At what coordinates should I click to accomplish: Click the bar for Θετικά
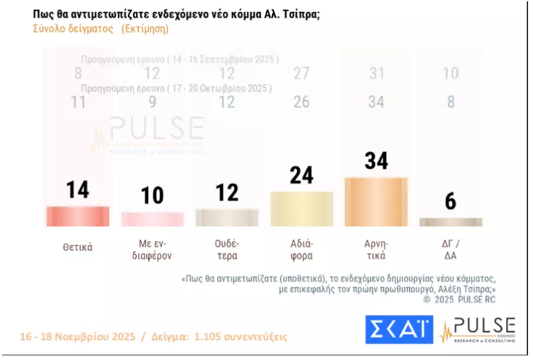(x=77, y=216)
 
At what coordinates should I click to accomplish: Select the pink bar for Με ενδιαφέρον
(x=152, y=220)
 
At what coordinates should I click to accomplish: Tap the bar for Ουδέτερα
(x=227, y=218)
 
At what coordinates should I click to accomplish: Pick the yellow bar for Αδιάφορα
(x=302, y=209)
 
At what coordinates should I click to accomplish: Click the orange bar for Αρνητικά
(x=376, y=202)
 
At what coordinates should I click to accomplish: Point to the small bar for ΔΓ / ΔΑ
(x=451, y=222)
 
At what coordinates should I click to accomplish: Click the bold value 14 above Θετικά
(x=77, y=190)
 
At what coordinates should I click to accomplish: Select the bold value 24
(x=302, y=175)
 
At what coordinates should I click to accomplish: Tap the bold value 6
(x=451, y=201)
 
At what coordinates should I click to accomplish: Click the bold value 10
(x=152, y=196)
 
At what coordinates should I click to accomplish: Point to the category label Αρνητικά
(x=376, y=249)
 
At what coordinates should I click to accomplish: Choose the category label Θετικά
(x=77, y=247)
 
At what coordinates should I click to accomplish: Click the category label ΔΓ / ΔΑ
(x=451, y=249)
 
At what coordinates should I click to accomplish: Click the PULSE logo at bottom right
(x=478, y=330)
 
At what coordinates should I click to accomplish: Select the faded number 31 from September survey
(x=377, y=73)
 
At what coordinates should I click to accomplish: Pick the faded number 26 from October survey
(x=302, y=102)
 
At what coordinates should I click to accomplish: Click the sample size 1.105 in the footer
(x=210, y=337)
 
